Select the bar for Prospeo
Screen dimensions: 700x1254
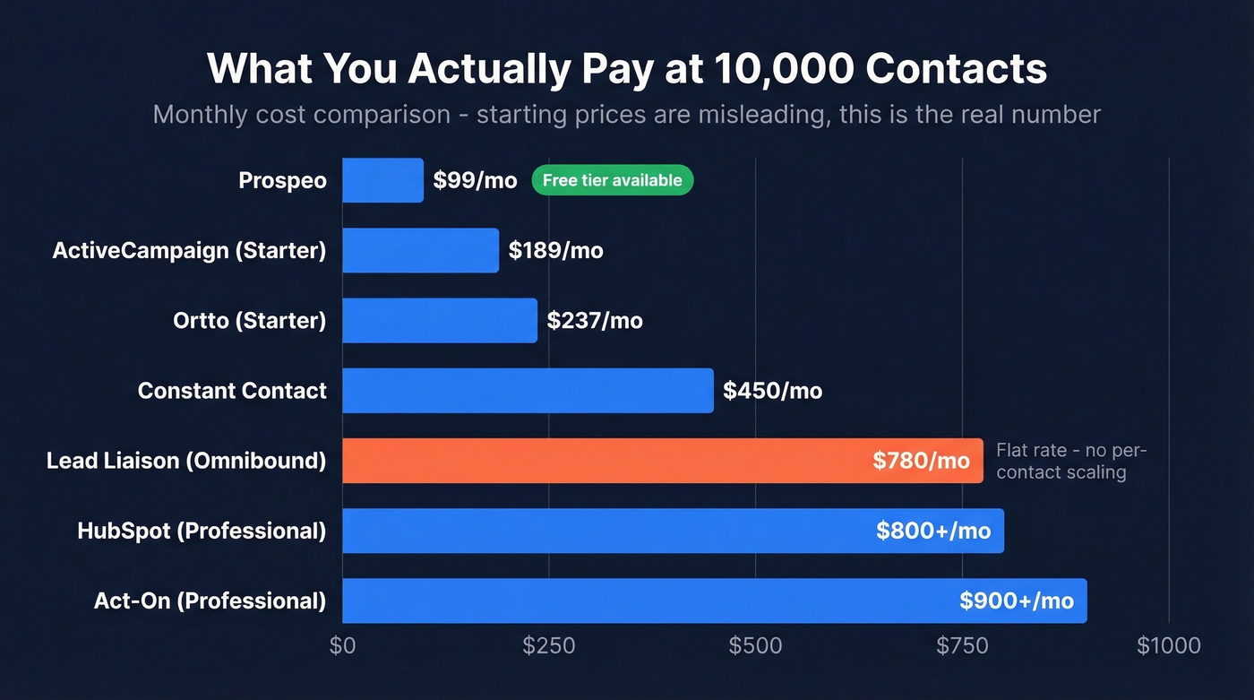pyautogui.click(x=382, y=180)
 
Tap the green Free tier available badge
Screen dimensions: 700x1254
pyautogui.click(x=612, y=180)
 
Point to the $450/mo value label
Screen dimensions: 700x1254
pyautogui.click(x=772, y=391)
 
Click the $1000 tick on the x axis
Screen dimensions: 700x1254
pyautogui.click(x=1168, y=645)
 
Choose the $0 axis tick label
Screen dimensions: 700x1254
pyautogui.click(x=342, y=645)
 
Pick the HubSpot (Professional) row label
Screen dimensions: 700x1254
pyautogui.click(x=202, y=531)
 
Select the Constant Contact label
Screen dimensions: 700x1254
pyautogui.click(x=232, y=391)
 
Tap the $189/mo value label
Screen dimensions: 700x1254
pyautogui.click(x=555, y=251)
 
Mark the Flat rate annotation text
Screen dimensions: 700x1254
pyautogui.click(x=1070, y=461)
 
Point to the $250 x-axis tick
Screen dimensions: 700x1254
pyautogui.click(x=549, y=645)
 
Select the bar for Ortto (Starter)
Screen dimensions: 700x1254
pyautogui.click(x=439, y=321)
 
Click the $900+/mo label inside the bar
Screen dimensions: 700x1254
pyautogui.click(x=1016, y=601)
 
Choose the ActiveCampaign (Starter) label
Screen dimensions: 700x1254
pyautogui.click(x=189, y=251)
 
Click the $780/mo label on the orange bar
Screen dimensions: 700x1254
pyautogui.click(x=921, y=461)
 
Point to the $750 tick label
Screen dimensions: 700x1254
pyautogui.click(x=962, y=645)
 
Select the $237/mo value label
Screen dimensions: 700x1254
pyautogui.click(x=595, y=321)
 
